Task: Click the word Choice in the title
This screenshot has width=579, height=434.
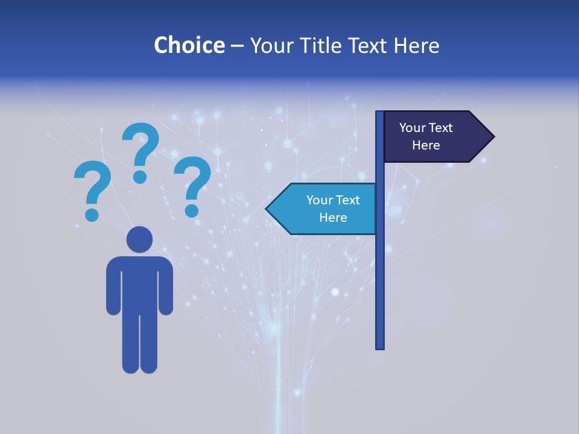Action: tap(189, 45)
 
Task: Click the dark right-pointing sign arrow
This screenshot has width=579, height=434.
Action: tap(434, 137)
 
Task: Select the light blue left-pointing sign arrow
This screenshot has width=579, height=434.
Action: tap(326, 209)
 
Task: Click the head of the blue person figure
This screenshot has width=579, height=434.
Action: tap(139, 239)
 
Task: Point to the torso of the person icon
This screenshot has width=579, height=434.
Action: tap(139, 283)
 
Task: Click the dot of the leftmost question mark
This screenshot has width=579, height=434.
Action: tap(92, 214)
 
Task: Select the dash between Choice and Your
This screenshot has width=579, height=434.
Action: tap(237, 46)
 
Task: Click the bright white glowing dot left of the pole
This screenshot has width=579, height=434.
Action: tap(335, 292)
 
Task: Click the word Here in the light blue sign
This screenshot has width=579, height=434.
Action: tap(333, 218)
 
